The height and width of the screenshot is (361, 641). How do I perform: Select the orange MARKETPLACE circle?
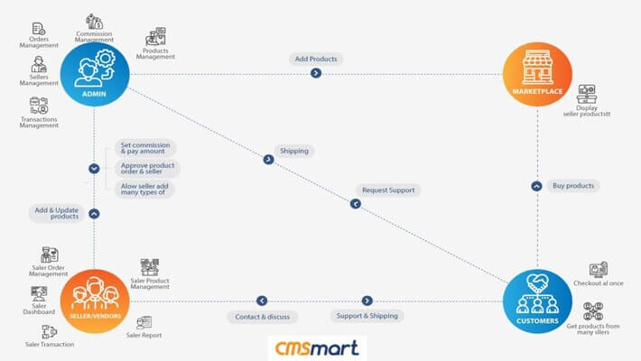[x=537, y=75]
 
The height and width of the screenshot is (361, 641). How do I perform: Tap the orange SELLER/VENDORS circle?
[x=94, y=301]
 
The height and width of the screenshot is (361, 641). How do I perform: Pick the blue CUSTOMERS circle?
[x=537, y=301]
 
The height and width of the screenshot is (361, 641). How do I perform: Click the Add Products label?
[x=316, y=59]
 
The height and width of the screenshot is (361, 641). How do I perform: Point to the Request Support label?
[x=388, y=190]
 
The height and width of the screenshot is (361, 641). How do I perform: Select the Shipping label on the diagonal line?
[x=294, y=151]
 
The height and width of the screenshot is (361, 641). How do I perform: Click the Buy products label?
[x=573, y=186]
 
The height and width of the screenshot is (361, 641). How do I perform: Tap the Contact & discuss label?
[x=262, y=316]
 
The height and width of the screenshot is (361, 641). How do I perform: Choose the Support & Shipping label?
[x=366, y=316]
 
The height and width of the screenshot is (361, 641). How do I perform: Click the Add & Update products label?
[x=55, y=213]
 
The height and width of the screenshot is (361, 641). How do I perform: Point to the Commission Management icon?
[x=94, y=21]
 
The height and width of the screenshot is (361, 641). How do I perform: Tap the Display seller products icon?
[x=587, y=93]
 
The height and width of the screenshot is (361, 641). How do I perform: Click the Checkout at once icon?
[x=598, y=269]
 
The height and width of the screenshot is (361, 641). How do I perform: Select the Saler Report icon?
[x=144, y=322]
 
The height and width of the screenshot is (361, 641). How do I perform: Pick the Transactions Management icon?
[x=39, y=106]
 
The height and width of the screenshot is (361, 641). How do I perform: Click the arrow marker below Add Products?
[x=316, y=73]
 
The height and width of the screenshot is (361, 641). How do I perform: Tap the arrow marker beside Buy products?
[x=536, y=186]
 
